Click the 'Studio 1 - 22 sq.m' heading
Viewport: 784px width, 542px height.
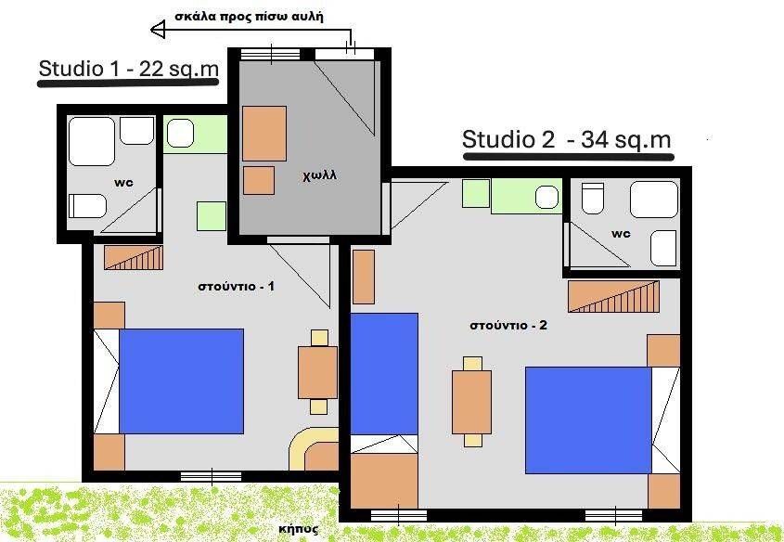coord(128,69)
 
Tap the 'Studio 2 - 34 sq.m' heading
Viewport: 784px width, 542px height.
coord(566,139)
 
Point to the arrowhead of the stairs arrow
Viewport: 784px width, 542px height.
coord(158,30)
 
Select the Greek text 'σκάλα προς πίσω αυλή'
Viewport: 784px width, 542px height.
coord(249,17)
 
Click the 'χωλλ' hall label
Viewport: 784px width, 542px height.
coord(319,175)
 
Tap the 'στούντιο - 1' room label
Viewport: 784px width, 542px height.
coord(236,287)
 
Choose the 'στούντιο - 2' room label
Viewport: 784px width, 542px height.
coord(508,326)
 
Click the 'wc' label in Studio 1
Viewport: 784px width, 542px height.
coord(124,183)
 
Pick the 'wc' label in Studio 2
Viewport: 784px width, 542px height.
coord(621,234)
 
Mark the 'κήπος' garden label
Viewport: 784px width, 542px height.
coord(299,529)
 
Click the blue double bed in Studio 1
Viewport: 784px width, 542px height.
coord(181,381)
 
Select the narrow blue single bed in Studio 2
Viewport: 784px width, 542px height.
coord(384,374)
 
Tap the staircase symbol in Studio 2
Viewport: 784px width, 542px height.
coord(613,296)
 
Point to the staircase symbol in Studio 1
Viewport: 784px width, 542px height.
coord(134,257)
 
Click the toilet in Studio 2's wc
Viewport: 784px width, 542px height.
coord(593,198)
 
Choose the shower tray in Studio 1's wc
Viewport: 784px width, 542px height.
coord(92,141)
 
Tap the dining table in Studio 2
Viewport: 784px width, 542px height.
coord(471,402)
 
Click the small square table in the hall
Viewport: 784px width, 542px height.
coord(259,180)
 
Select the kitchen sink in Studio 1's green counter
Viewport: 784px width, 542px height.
coord(180,134)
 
